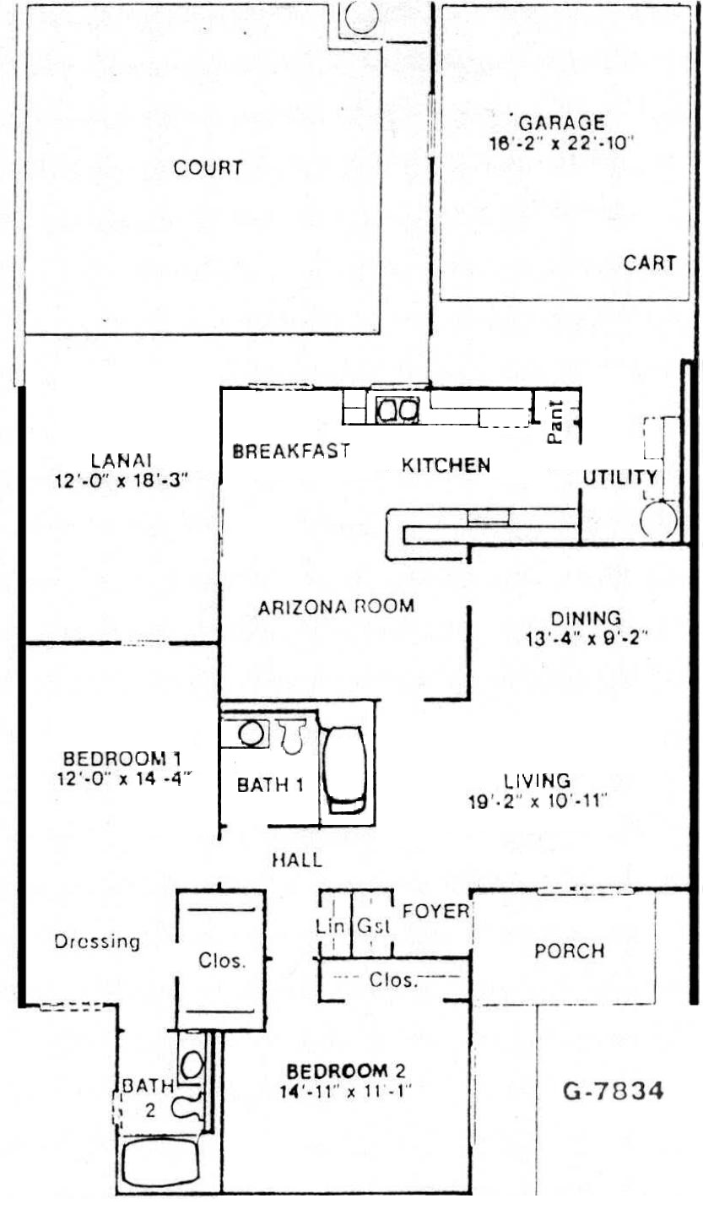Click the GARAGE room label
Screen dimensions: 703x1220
click(561, 122)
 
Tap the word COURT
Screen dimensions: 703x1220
click(208, 167)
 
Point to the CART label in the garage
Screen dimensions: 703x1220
click(649, 263)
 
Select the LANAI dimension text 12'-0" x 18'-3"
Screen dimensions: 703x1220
click(121, 480)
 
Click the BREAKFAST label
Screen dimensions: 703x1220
click(291, 451)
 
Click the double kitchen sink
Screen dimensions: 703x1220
click(397, 410)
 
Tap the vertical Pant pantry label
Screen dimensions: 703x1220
click(554, 422)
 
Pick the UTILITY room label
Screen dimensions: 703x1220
click(619, 478)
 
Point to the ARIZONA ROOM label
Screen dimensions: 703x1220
click(336, 607)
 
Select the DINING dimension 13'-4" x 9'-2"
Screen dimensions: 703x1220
click(586, 637)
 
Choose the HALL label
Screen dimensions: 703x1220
click(297, 860)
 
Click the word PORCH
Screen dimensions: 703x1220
click(569, 951)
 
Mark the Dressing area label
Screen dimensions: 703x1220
click(97, 941)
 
